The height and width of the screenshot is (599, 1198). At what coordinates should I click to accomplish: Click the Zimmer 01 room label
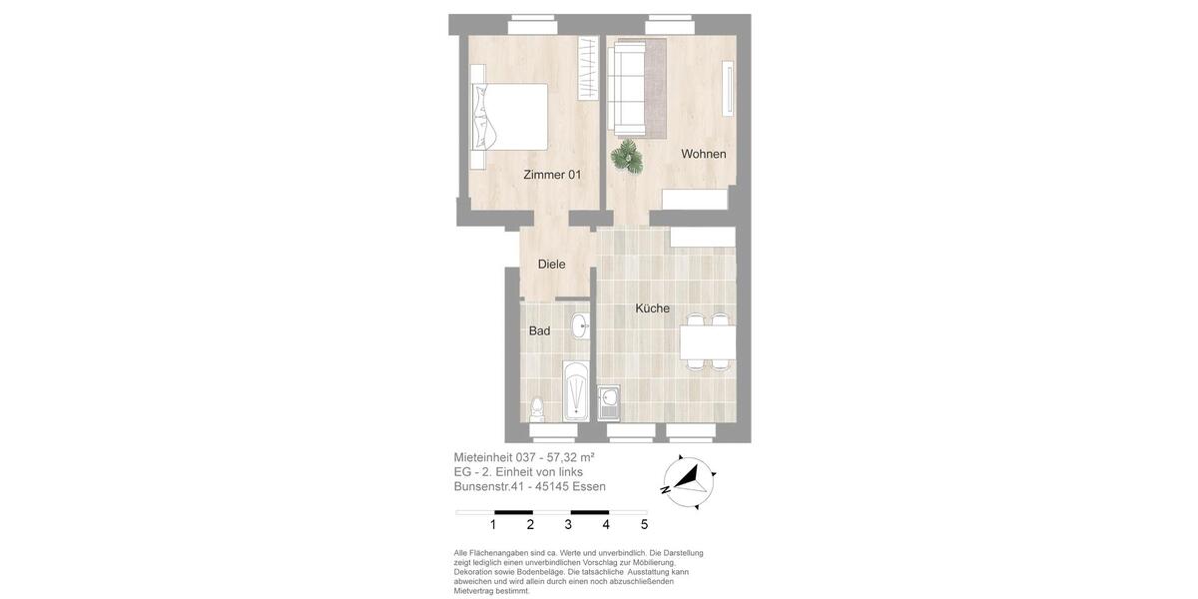click(x=552, y=175)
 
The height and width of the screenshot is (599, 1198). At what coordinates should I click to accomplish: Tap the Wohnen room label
click(x=704, y=154)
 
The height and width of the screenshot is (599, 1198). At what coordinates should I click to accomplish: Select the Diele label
click(x=551, y=265)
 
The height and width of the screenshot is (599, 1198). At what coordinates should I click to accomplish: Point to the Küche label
click(x=653, y=308)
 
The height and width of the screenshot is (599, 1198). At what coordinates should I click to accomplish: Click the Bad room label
click(x=539, y=331)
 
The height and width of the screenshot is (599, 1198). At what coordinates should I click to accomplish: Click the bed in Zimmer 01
click(x=510, y=117)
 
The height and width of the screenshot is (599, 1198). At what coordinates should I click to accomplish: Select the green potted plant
click(x=627, y=157)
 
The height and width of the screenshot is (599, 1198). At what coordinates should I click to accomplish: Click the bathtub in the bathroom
click(x=576, y=391)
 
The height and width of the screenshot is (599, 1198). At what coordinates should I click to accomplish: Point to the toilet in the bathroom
click(x=537, y=408)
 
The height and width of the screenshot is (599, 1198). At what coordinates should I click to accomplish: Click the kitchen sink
click(x=608, y=402)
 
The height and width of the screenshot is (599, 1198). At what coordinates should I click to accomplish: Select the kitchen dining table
click(x=708, y=342)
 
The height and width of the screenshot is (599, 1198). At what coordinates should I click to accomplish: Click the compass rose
click(x=688, y=482)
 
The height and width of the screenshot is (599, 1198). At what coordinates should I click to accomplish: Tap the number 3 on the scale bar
click(x=568, y=525)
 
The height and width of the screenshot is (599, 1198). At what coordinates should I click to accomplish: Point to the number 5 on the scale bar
click(x=644, y=525)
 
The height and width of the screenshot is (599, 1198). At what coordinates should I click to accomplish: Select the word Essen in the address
click(x=589, y=487)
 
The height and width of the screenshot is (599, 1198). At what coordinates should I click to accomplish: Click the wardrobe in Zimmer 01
click(x=588, y=68)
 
